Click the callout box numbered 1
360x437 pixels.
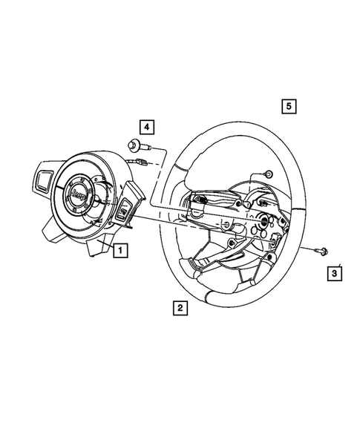point(119,251)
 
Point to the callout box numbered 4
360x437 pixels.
point(147,125)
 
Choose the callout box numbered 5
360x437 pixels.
point(289,105)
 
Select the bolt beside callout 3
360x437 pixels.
point(318,250)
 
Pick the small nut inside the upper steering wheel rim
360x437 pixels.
point(267,174)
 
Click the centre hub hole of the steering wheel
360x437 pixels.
point(264,221)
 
